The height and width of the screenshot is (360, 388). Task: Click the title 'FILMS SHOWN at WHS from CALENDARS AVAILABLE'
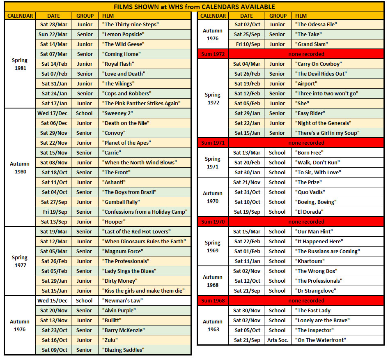coord(194,7)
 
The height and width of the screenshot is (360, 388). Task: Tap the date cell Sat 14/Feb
coord(54,64)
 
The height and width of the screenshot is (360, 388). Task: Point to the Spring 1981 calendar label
coord(20,64)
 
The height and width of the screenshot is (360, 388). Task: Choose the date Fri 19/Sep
coord(54,212)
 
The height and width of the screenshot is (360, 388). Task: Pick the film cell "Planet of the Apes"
coord(126,143)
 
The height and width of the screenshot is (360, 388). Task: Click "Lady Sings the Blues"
coord(129,271)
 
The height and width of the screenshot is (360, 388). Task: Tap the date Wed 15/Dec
coord(54,301)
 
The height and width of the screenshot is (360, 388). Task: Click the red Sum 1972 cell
coord(213,54)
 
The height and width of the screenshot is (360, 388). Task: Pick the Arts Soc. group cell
coord(278,340)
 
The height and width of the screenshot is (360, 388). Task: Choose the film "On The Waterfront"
coord(321,340)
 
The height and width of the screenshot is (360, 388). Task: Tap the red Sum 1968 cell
coord(213,301)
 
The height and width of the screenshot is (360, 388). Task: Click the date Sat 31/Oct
coord(247,192)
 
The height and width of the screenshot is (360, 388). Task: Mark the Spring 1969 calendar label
coord(213,247)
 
